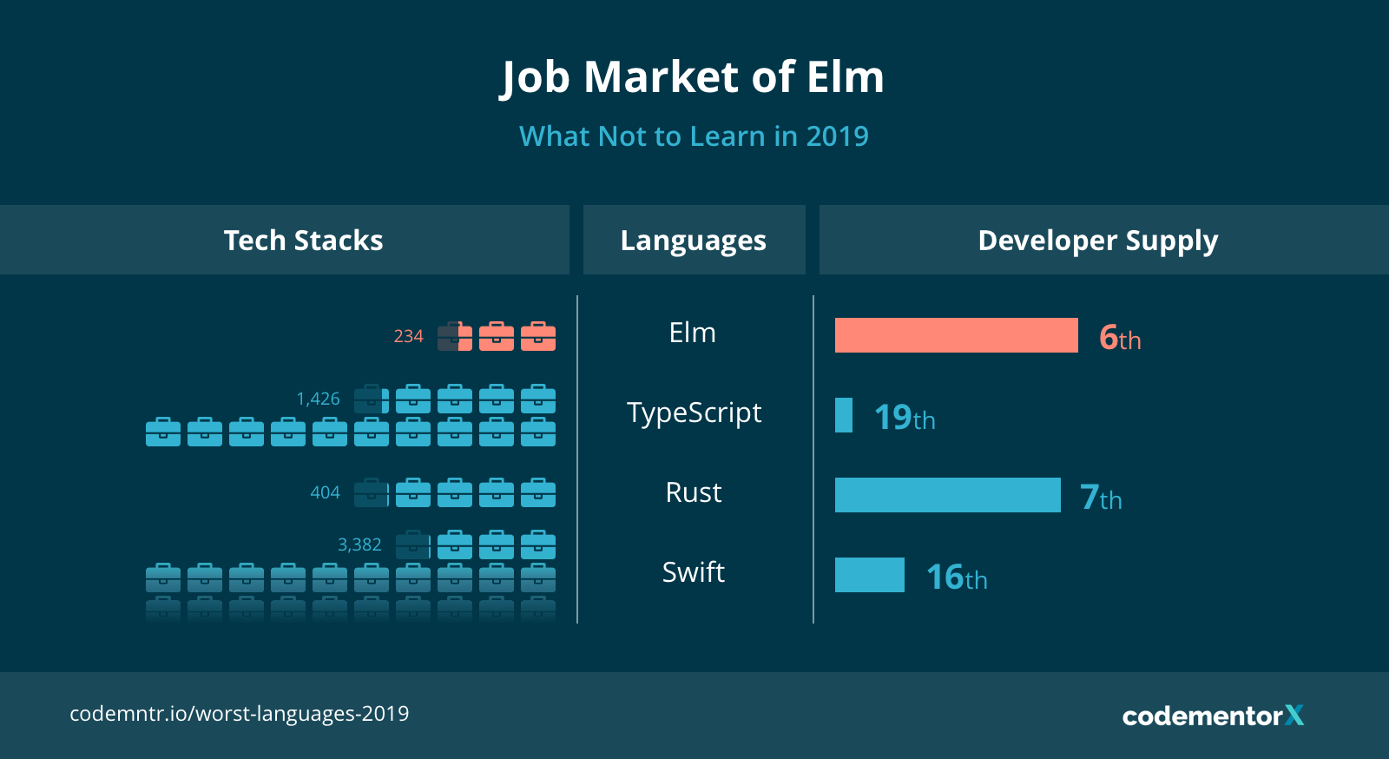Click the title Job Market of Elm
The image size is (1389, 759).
point(693,77)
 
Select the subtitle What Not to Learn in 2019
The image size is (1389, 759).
point(694,136)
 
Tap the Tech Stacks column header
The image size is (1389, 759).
point(303,241)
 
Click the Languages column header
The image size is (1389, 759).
point(693,241)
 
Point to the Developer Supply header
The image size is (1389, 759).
point(1097,241)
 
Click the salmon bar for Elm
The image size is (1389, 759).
point(956,335)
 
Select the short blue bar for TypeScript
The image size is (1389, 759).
point(843,415)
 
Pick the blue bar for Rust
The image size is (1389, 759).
point(947,495)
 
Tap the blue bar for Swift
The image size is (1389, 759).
point(869,575)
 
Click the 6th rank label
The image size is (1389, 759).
point(1120,337)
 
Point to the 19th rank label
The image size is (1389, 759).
point(904,418)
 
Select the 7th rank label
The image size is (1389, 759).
point(1100,498)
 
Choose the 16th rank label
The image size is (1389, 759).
point(956,577)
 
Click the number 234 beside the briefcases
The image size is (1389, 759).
point(408,336)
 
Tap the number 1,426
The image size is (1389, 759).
point(318,399)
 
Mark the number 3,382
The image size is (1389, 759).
point(359,544)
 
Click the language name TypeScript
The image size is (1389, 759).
point(694,412)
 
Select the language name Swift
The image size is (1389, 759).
point(693,572)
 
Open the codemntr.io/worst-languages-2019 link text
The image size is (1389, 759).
point(239,714)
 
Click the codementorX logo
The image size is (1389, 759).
point(1212,716)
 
